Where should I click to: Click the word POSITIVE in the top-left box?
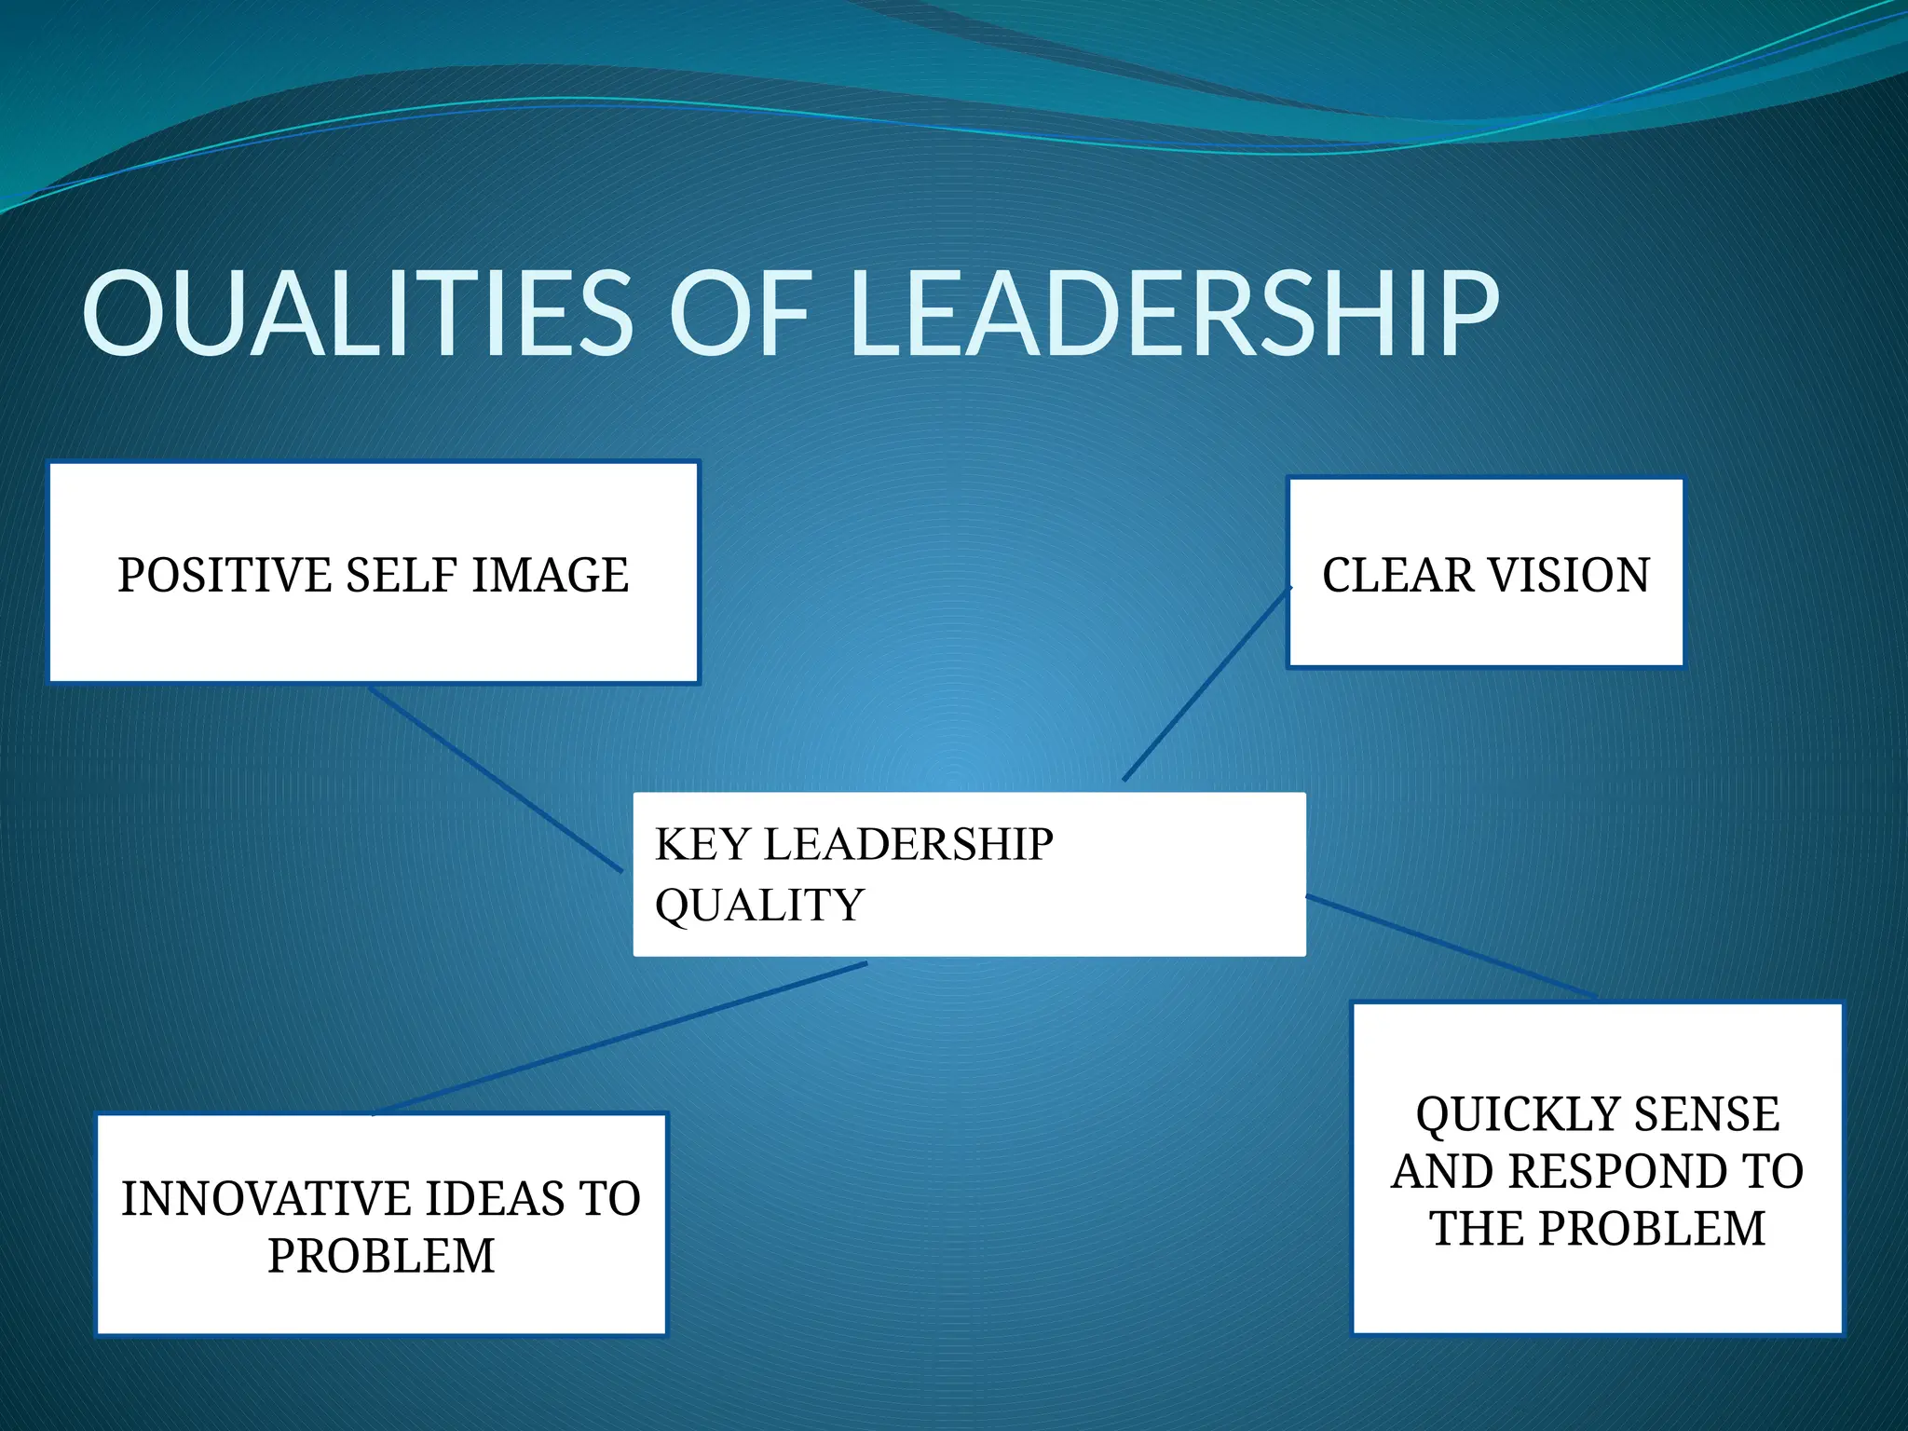tap(225, 575)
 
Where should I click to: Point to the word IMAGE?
tap(550, 575)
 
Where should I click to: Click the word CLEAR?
tap(1397, 575)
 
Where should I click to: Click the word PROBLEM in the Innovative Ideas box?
tap(381, 1256)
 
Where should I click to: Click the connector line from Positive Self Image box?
tap(494, 779)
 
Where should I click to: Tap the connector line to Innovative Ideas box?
tap(620, 1039)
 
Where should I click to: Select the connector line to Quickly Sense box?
tap(1451, 947)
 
